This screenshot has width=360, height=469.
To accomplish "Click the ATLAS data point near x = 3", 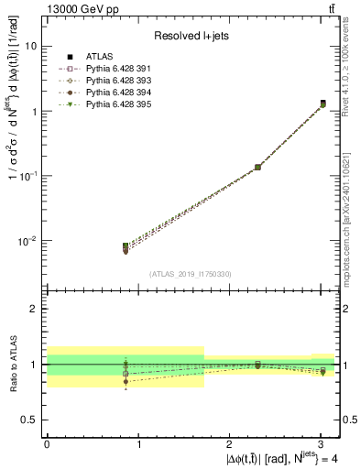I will click(323, 104).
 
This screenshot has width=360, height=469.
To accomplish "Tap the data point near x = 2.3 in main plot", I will click(257, 167).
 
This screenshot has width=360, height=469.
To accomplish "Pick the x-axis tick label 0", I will click(47, 444).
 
